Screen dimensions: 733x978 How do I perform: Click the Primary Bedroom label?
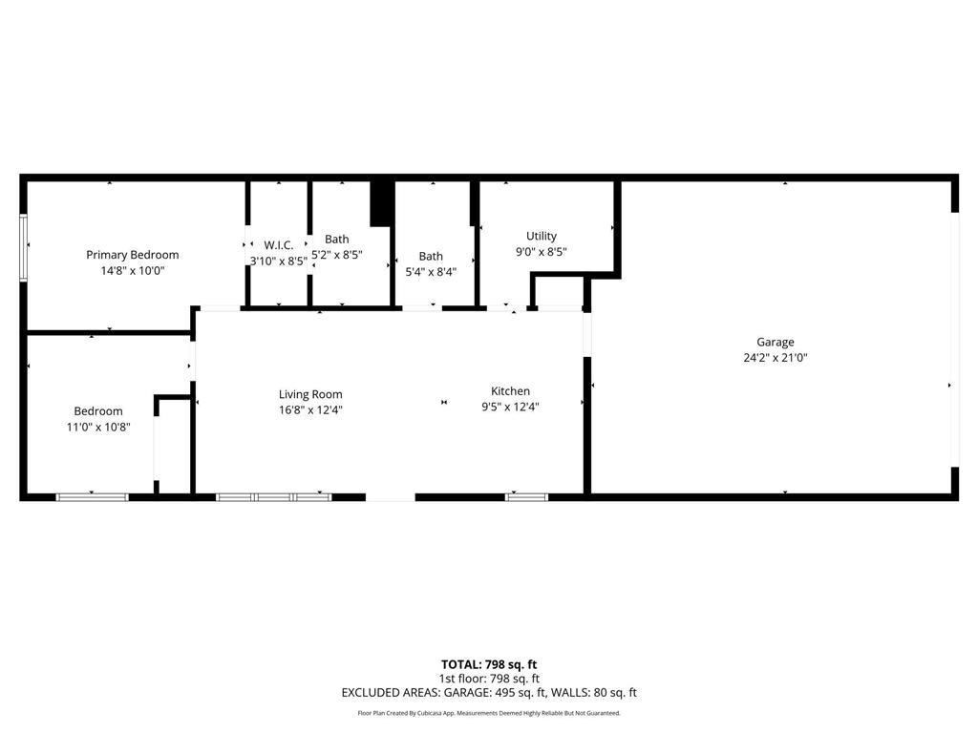pos(132,255)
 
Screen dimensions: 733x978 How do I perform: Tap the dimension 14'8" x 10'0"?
pos(132,270)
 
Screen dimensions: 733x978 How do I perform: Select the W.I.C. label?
pos(278,245)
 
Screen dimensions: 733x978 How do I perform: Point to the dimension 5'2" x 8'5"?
pos(336,255)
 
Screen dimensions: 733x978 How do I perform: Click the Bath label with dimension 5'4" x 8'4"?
pos(431,256)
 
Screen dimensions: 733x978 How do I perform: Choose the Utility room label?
pos(542,236)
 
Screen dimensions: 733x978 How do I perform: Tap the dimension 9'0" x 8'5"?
pos(542,252)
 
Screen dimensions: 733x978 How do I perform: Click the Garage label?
pos(775,342)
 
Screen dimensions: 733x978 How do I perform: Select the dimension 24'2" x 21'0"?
pos(775,358)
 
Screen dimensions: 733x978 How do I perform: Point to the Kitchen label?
pos(510,391)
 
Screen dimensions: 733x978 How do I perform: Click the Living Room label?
pos(310,394)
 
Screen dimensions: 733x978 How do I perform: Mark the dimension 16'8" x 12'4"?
pos(310,409)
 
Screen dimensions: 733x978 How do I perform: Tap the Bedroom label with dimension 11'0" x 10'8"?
pos(98,411)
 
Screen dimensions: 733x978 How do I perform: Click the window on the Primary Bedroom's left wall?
pos(24,248)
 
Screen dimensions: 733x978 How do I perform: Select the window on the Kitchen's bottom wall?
pos(527,496)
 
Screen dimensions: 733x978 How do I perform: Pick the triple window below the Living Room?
pos(273,496)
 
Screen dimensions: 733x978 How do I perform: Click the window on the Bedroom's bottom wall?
pos(92,496)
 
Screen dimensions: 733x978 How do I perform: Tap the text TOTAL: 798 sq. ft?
pos(489,664)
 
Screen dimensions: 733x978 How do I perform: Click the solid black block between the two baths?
pos(382,202)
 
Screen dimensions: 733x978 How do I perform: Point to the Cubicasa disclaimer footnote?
pos(489,713)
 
